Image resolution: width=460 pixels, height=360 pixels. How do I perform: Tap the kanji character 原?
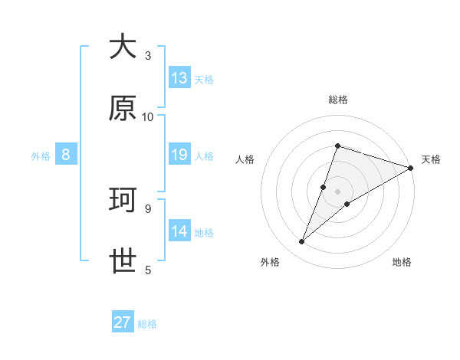[123, 109]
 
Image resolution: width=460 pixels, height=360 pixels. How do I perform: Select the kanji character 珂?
[123, 200]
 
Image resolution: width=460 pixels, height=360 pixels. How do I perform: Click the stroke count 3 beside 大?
[148, 55]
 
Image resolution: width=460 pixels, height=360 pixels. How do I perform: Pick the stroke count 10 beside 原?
[148, 116]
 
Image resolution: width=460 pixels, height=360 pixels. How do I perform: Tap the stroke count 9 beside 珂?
[148, 208]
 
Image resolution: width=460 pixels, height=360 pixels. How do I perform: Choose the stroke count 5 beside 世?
[148, 270]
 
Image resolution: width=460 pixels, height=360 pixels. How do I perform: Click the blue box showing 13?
[179, 78]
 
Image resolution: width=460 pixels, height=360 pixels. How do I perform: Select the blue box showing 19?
[179, 155]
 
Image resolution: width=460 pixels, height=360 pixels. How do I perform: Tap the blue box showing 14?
[179, 231]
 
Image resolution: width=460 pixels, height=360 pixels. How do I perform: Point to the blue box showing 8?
[66, 155]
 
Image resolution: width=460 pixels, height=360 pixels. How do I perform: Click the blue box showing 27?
[123, 322]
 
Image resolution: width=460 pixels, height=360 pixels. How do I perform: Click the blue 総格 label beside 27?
[147, 324]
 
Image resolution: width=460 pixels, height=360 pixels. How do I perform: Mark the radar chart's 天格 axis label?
[431, 159]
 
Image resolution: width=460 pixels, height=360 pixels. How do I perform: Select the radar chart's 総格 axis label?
[338, 100]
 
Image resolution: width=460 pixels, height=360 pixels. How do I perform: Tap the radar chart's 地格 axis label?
[402, 262]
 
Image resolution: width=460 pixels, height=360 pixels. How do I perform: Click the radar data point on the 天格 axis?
[412, 167]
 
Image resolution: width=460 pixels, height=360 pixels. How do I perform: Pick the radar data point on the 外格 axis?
[302, 242]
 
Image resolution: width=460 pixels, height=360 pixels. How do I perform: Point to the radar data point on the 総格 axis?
[337, 146]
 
